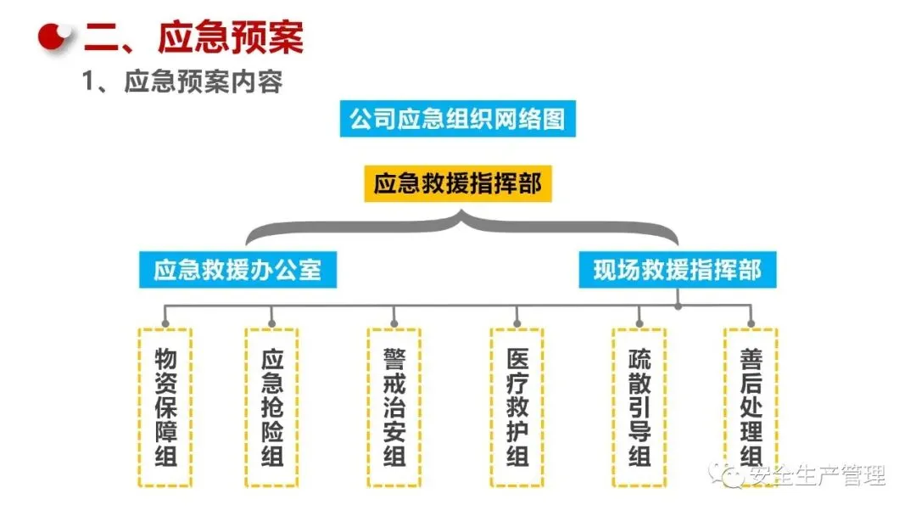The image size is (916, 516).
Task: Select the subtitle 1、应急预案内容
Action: tap(182, 82)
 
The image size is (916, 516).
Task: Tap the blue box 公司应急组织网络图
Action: tap(458, 118)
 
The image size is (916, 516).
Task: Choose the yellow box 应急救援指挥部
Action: tap(458, 183)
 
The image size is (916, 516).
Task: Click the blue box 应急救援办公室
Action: tap(237, 270)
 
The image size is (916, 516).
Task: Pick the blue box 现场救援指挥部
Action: tap(677, 270)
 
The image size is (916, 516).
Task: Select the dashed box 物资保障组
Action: tap(165, 407)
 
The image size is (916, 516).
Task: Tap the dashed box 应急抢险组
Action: tap(271, 407)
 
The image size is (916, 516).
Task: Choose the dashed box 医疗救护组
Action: tap(517, 407)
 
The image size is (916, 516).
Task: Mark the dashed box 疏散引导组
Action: tap(640, 407)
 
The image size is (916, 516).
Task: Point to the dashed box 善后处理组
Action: tap(751, 407)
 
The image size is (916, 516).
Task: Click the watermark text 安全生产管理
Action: tap(814, 477)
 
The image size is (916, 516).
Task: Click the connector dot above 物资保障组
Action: tap(165, 322)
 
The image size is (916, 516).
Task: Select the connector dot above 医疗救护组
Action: tap(517, 322)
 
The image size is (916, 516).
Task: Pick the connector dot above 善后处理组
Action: tap(751, 322)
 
